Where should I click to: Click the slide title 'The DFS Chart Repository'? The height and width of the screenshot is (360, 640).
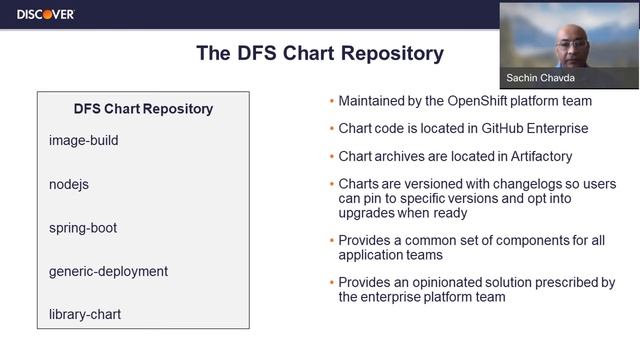[319, 53]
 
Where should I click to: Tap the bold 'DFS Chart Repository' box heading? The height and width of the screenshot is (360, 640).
[143, 109]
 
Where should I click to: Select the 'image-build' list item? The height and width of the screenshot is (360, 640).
[83, 141]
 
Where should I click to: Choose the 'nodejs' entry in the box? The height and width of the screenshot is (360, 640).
[69, 185]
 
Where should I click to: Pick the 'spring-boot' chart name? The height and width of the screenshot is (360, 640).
[83, 228]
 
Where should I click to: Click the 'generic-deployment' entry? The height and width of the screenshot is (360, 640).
[108, 271]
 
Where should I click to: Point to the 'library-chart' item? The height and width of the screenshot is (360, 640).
[84, 315]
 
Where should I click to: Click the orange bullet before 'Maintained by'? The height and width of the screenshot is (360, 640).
[331, 102]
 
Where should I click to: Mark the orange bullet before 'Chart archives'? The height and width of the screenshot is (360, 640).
[331, 158]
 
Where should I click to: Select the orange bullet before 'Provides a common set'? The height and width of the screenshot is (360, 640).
[331, 241]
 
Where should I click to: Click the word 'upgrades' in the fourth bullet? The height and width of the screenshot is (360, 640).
[371, 213]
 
